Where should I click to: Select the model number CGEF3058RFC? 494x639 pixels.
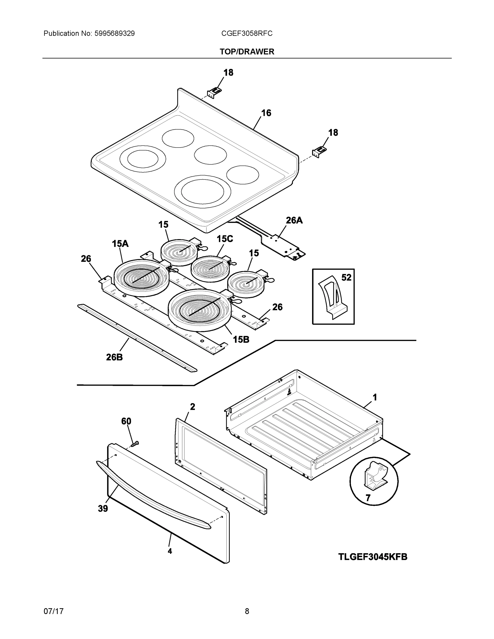coord(247,34)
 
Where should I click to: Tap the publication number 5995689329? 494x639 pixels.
coord(115,34)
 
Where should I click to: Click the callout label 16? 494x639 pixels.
coord(266,113)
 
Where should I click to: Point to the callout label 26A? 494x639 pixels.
coord(294,220)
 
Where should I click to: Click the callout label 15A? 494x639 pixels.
coord(120,243)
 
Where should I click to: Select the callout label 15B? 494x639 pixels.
coord(241,339)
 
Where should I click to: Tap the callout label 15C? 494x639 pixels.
coord(225,239)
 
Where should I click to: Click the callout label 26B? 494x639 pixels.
coord(115,357)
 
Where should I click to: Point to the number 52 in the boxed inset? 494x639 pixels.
coord(346,277)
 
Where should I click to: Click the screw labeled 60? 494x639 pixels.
coord(135,444)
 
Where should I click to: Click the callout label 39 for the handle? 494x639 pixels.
coord(103,509)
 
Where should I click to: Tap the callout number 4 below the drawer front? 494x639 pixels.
coord(170,551)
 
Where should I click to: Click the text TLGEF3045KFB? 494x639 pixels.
coord(373,557)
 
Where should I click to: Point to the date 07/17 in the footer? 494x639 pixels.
coord(53,611)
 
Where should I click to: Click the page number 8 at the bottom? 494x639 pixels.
coord(247,611)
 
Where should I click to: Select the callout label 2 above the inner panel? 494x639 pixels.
coord(192,407)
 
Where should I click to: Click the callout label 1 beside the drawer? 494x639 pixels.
coord(375,397)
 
